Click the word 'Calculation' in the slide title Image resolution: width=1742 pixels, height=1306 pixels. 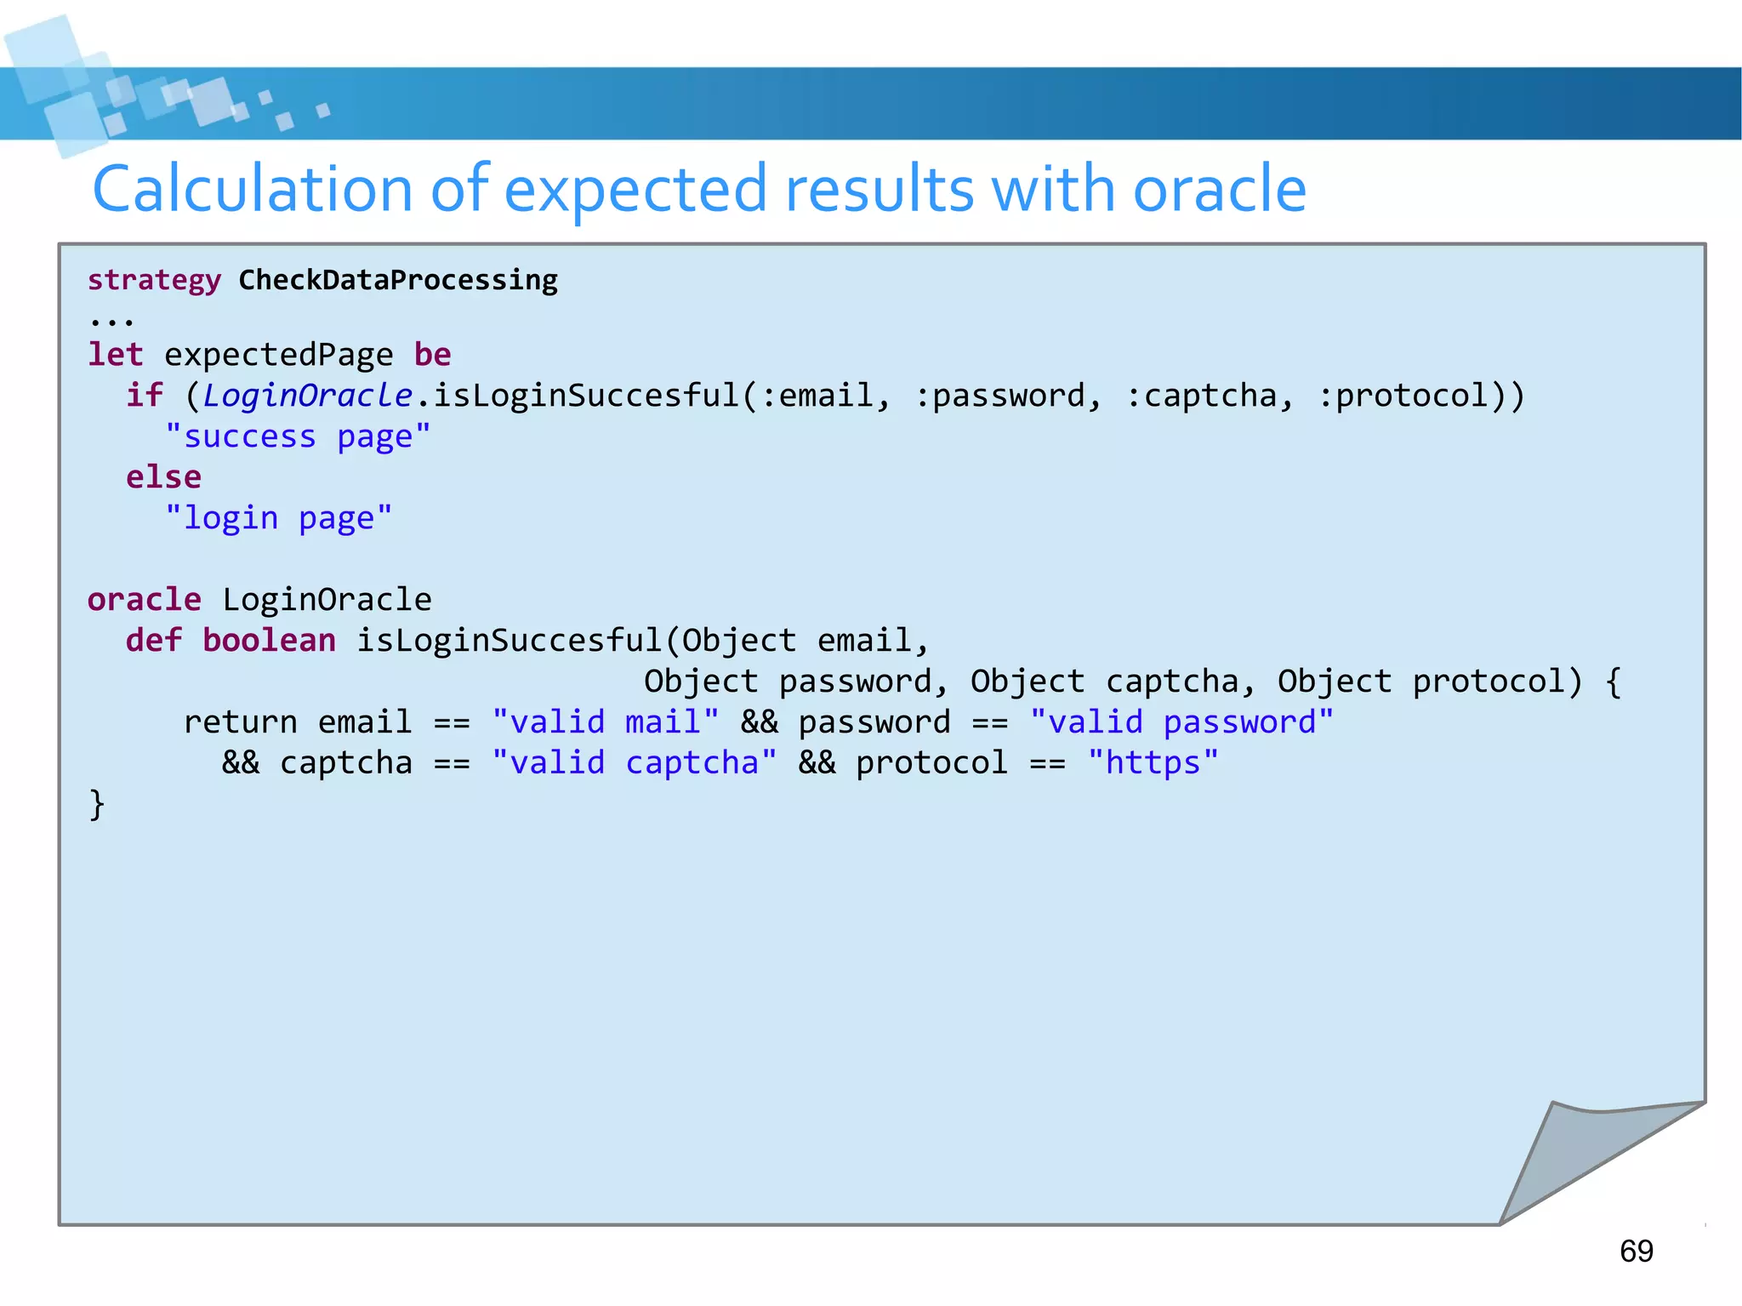pos(252,189)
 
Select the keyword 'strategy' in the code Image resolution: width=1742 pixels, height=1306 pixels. pos(154,280)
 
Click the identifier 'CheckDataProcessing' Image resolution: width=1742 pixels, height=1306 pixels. pos(397,280)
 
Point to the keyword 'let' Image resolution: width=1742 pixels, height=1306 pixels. pos(116,354)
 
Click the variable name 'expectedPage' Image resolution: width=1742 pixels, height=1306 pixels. pos(278,355)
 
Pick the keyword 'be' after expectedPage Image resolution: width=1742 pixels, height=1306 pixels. pos(432,354)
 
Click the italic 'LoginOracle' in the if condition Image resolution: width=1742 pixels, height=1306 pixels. pos(307,395)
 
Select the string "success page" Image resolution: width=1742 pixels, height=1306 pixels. pos(298,436)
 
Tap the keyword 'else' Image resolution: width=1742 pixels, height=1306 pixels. pos(163,476)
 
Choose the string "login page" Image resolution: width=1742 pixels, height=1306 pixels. pos(278,517)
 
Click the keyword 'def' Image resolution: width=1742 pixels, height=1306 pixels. pos(154,640)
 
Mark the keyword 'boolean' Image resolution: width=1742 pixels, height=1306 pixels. pos(269,640)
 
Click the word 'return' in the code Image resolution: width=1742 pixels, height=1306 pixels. pos(240,721)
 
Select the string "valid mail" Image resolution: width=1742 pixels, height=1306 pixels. pos(605,721)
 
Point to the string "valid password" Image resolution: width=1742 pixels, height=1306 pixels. pos(1181,721)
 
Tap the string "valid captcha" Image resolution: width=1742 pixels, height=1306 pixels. pos(634,762)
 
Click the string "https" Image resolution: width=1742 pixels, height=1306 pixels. pos(1153,762)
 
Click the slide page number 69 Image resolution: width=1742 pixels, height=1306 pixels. pos(1636,1251)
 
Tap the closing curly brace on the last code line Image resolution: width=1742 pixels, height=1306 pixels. pos(97,804)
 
